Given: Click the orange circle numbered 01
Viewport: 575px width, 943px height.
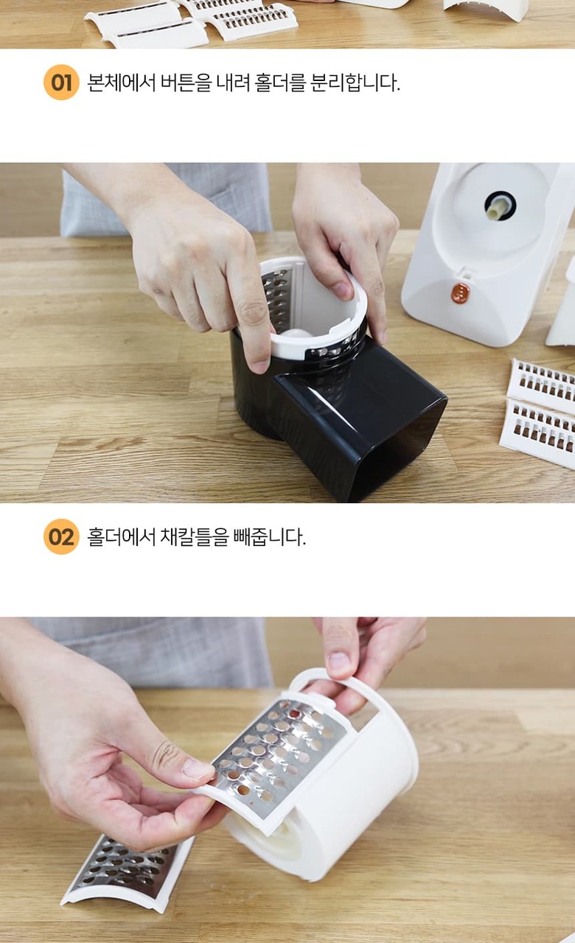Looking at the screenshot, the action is point(61,82).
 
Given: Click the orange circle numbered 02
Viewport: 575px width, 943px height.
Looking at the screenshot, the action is point(61,536).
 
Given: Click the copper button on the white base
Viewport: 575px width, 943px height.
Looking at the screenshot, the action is point(461,292).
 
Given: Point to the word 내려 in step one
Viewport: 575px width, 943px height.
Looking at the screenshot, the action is point(232,83).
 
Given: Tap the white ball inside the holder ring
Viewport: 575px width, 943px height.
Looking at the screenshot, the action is point(295,332).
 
